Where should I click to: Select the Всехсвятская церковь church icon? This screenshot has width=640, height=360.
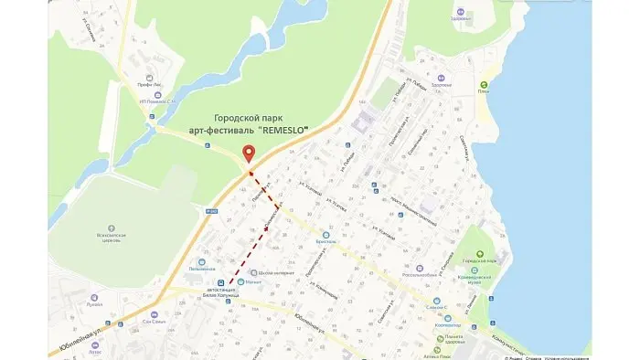point(111,226)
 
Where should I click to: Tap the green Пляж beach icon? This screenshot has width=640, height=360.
point(484,85)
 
